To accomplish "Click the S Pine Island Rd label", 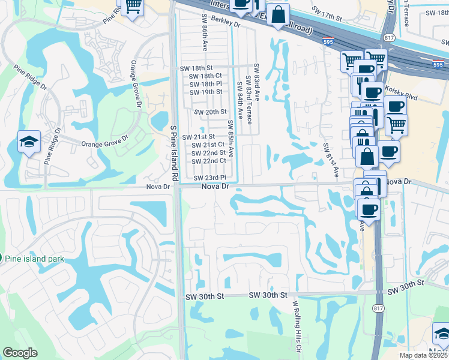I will (x=174, y=153).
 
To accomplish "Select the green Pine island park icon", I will (x=1, y=259).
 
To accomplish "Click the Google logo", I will (x=20, y=353).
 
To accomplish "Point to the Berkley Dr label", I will (x=225, y=25).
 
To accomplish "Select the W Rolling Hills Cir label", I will (x=296, y=326).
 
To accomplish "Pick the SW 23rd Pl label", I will (x=209, y=178).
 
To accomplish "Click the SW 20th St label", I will (x=210, y=112).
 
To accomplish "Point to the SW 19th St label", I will (x=206, y=92).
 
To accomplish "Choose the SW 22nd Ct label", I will (x=208, y=161).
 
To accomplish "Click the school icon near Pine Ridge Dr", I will (x=29, y=142).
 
